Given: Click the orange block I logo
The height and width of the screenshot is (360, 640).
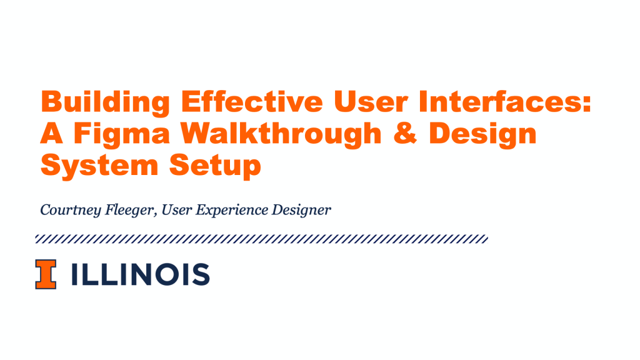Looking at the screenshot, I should tap(46, 274).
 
